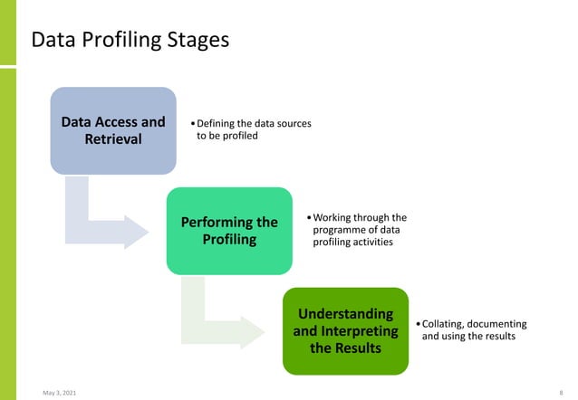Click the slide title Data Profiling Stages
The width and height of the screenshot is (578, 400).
(130, 41)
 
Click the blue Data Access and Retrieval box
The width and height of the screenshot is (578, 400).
(112, 130)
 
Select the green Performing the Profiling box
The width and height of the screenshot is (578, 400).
(229, 231)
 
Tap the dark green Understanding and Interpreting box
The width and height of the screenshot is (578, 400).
(345, 330)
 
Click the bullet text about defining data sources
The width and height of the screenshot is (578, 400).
(253, 129)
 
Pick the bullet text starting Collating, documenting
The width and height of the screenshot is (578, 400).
(474, 330)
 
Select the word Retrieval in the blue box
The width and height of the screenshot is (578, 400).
(113, 139)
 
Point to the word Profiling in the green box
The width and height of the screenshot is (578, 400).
(229, 240)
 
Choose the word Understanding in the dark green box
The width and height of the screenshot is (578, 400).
(345, 313)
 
